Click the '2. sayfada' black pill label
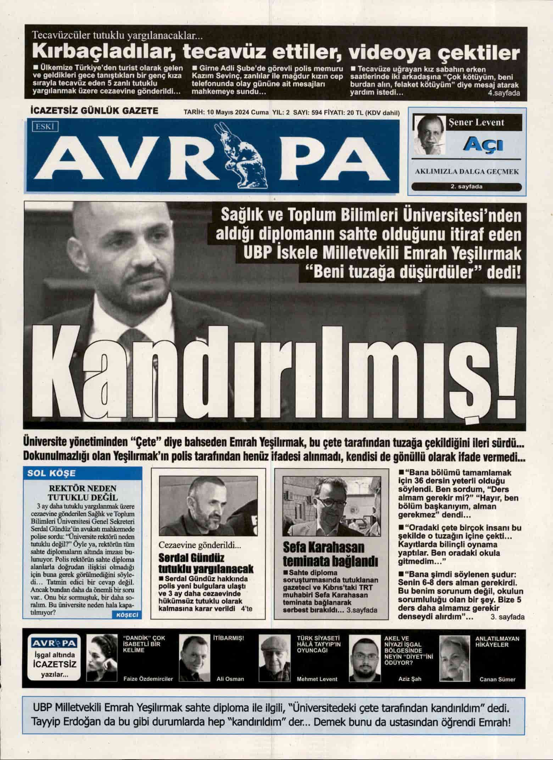[467, 187]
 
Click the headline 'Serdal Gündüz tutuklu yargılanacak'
[206, 563]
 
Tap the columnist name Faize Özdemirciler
[148, 679]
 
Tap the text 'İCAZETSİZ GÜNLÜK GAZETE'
[95, 111]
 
